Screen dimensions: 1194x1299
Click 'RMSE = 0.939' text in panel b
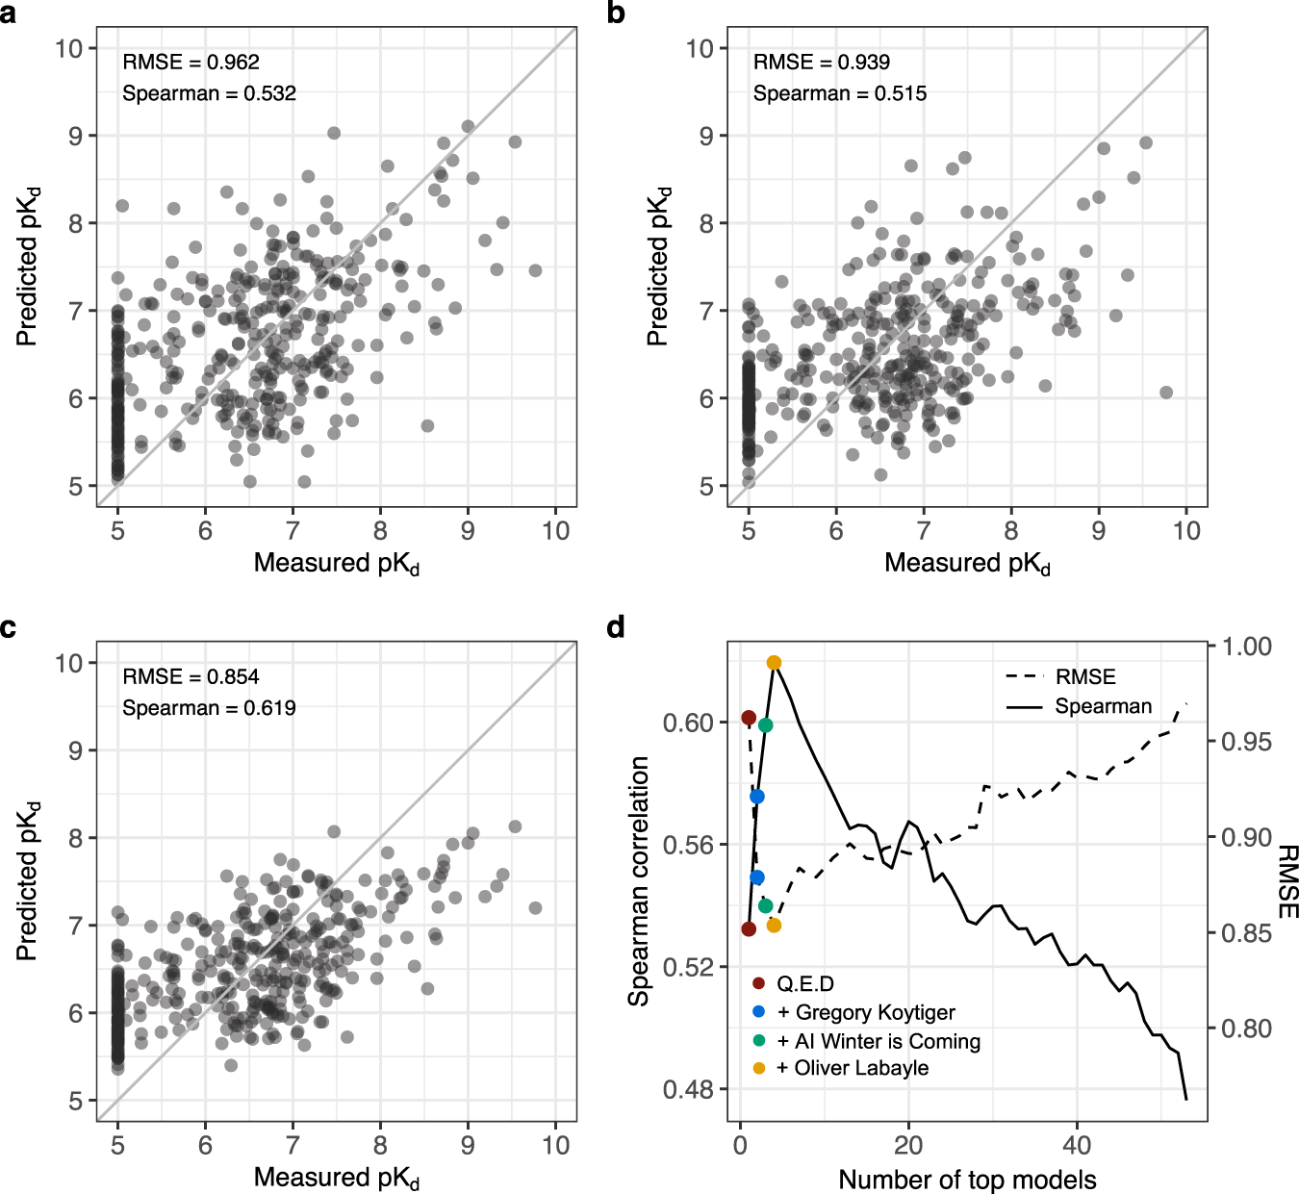[821, 63]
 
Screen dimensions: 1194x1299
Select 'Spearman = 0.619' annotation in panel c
[209, 708]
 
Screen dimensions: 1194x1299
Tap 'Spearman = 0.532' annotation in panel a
[209, 93]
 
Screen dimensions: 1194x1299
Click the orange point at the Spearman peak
[774, 663]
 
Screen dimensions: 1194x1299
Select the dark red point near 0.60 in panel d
[749, 718]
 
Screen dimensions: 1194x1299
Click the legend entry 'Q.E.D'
[804, 984]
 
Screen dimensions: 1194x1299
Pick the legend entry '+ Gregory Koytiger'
[865, 1012]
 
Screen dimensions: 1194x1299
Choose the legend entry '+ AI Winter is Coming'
[878, 1041]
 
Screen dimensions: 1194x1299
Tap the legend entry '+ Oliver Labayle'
[852, 1068]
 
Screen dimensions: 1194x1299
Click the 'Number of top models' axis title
[967, 1180]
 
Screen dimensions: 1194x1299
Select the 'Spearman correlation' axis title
[639, 881]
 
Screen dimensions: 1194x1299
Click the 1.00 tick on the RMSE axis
[1246, 647]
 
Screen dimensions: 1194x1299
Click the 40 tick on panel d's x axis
[1077, 1145]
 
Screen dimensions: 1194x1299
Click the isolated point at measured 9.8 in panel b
[1166, 393]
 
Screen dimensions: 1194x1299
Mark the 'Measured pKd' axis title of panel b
[967, 564]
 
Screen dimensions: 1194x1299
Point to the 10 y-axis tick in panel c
[69, 663]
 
